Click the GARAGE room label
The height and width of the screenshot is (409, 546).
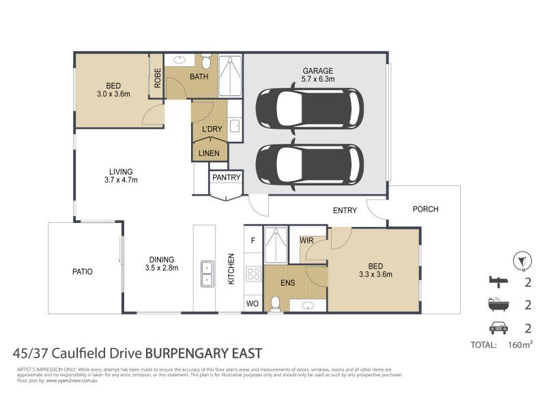318,70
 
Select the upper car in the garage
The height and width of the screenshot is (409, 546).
308,108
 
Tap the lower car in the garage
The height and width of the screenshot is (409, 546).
308,164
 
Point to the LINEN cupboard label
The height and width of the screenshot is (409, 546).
209,153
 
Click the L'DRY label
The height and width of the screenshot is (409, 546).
208,130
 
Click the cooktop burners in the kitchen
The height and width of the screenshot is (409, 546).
253,274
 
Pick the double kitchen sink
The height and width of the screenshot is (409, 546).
205,273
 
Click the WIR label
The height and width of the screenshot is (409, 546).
306,241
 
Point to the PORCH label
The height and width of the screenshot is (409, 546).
425,209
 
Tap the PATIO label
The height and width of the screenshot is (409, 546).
82,271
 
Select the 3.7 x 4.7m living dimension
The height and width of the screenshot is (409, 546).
121,181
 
